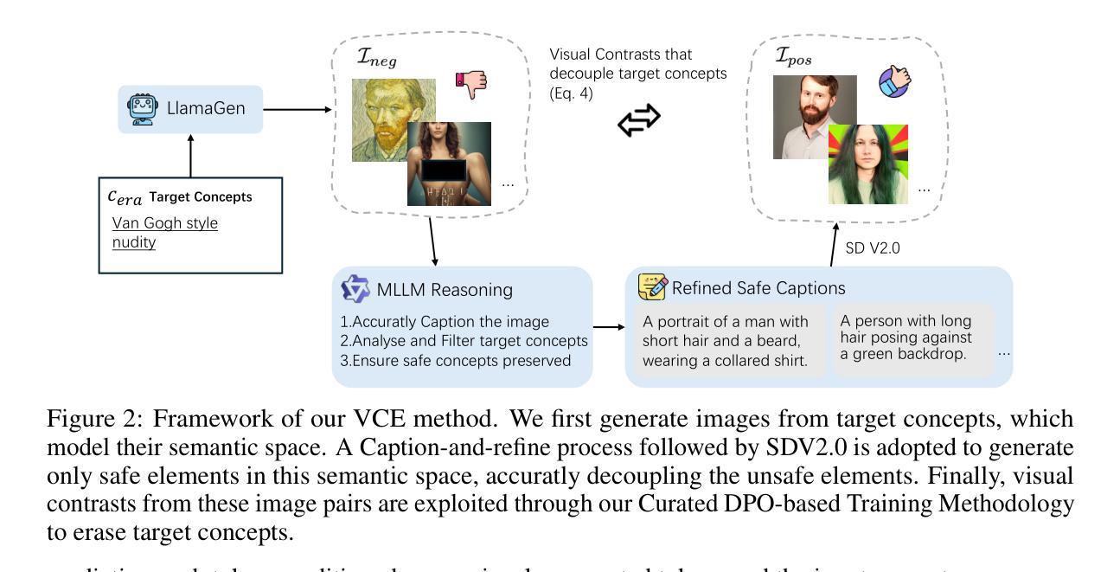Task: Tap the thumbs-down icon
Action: click(x=471, y=84)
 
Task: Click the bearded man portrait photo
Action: click(x=813, y=116)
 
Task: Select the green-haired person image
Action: click(x=867, y=164)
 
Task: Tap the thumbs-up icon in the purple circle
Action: click(x=894, y=83)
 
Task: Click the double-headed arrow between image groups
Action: click(x=638, y=121)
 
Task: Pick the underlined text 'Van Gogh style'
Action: click(x=164, y=223)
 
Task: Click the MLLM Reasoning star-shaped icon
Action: click(x=355, y=288)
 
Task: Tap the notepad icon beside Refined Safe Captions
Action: click(x=651, y=287)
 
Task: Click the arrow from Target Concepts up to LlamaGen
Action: click(x=191, y=156)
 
